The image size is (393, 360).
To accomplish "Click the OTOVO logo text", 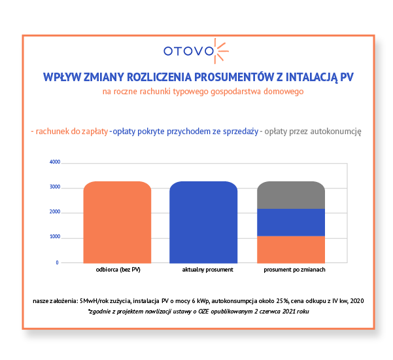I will tap(188, 50).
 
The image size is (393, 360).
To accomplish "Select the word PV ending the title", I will tap(347, 77).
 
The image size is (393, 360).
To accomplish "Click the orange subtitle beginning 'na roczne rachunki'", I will tap(203, 92).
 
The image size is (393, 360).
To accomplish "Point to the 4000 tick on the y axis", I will tap(54, 162).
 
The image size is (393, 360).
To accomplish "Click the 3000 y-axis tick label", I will tap(54, 188).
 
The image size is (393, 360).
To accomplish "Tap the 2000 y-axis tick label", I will tap(54, 213).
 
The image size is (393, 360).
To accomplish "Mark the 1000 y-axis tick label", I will tap(54, 237).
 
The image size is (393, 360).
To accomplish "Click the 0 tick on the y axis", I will tap(57, 262).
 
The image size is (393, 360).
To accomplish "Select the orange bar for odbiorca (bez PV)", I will tap(117, 223).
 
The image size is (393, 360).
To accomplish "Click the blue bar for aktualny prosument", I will tap(203, 223).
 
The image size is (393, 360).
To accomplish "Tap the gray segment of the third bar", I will tap(290, 195).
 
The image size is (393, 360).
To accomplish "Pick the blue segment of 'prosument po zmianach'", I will tap(290, 223).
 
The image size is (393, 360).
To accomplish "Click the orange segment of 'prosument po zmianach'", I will tap(290, 249).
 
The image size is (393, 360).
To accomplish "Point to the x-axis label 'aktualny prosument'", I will tap(203, 270).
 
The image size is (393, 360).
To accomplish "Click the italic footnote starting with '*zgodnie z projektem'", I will tap(199, 312).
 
